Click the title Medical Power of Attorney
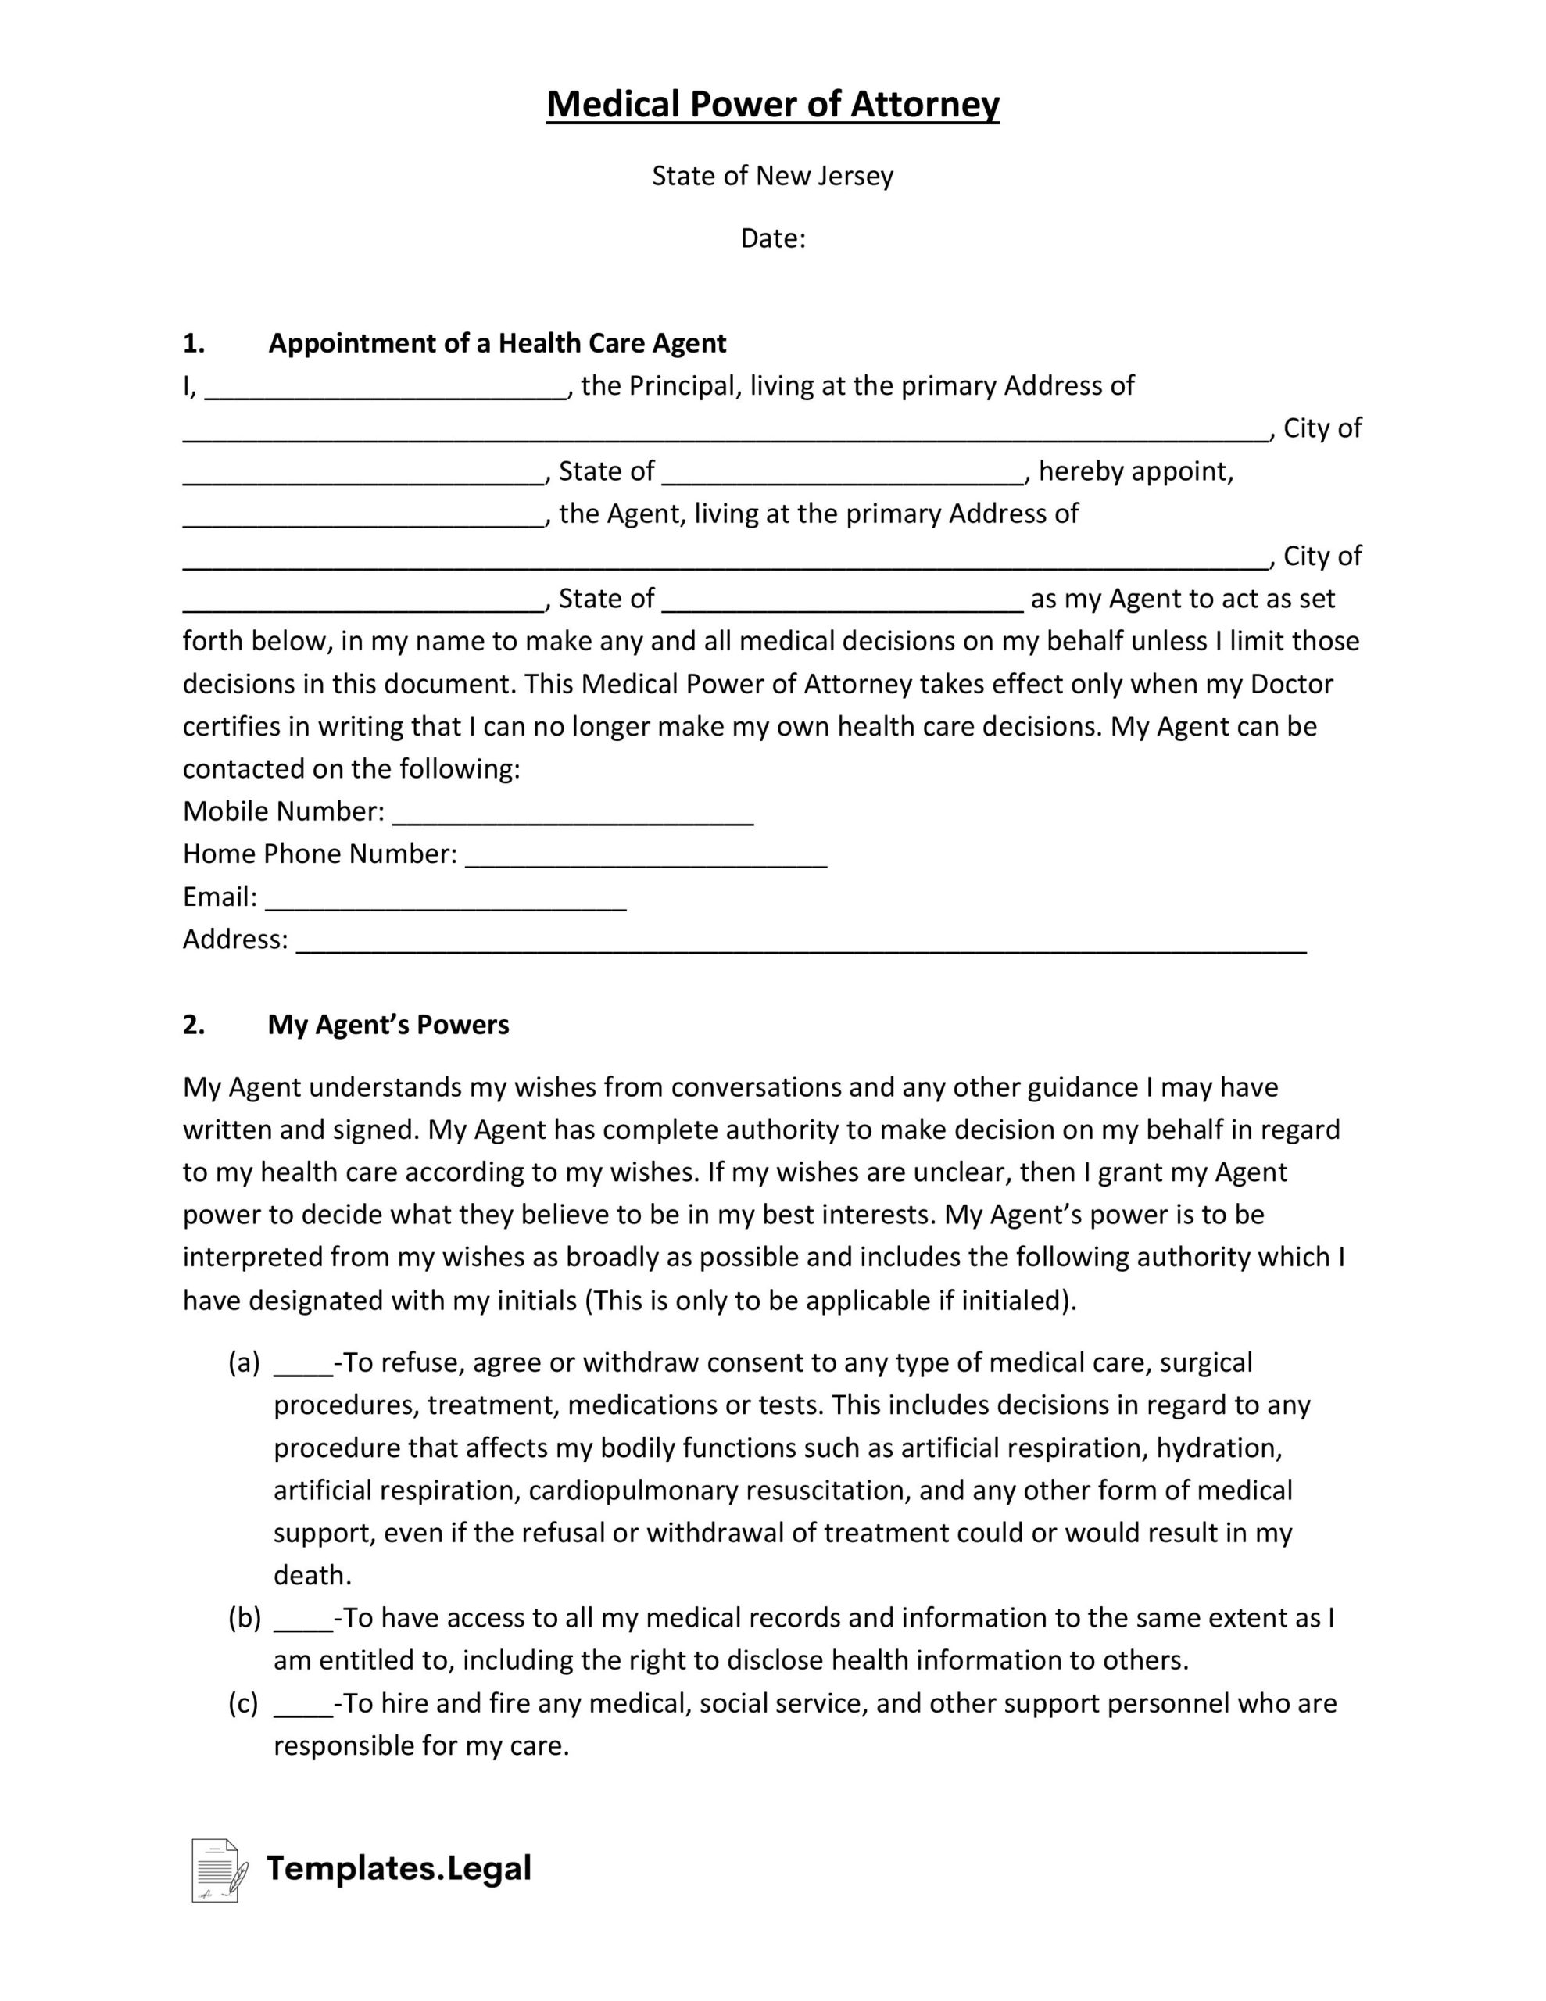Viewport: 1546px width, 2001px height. click(772, 105)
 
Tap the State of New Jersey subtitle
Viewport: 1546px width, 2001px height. click(772, 176)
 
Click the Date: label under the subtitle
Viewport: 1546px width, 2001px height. click(772, 239)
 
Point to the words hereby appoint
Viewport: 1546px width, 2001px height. click(1136, 472)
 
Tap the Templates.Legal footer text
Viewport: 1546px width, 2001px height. click(399, 1869)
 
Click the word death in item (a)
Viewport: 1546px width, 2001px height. click(313, 1576)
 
